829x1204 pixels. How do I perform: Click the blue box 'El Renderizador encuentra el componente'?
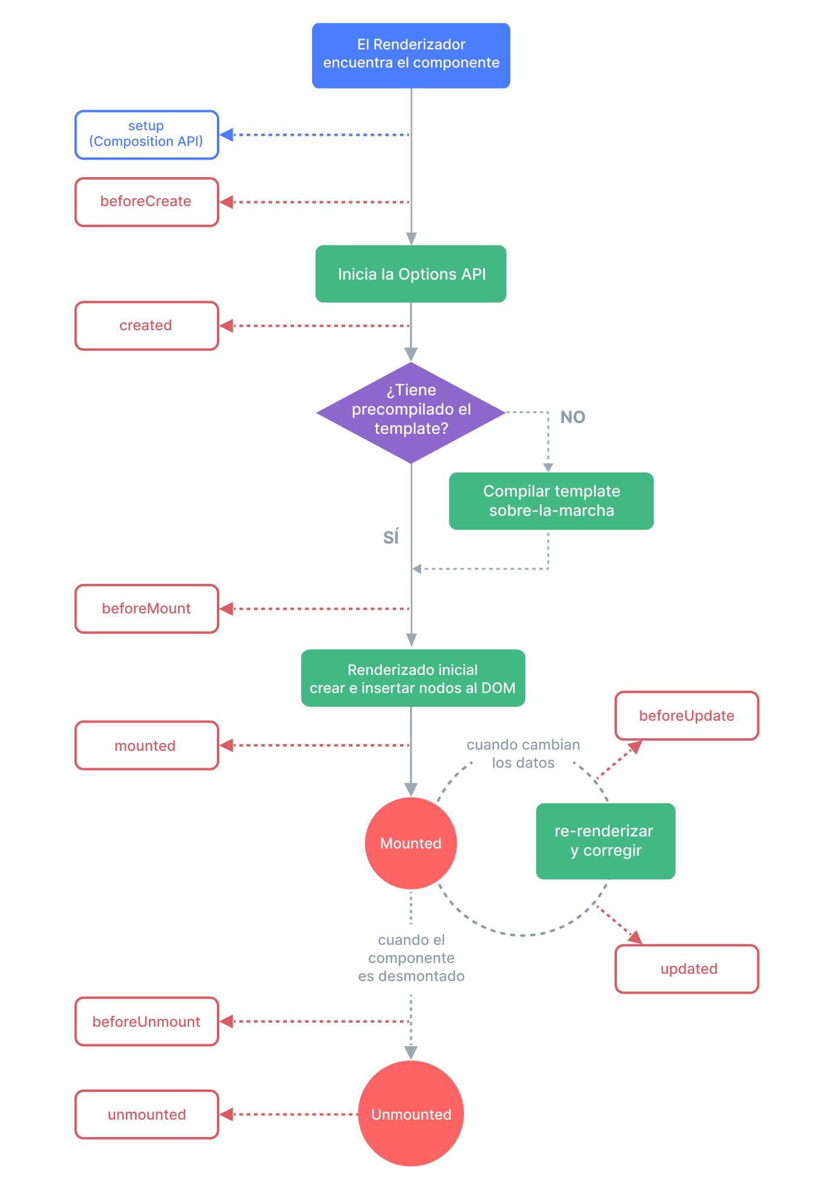pyautogui.click(x=411, y=55)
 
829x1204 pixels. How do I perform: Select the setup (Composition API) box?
pyautogui.click(x=146, y=134)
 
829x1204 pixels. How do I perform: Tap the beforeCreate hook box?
pyautogui.click(x=146, y=202)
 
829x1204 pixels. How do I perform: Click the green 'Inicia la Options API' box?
pyautogui.click(x=411, y=274)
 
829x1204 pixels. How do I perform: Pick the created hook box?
pyautogui.click(x=146, y=325)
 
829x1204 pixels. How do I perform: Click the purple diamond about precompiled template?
pyautogui.click(x=411, y=412)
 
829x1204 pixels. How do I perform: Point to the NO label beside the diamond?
pyautogui.click(x=572, y=417)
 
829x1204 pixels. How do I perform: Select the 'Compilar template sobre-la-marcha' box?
pyautogui.click(x=551, y=501)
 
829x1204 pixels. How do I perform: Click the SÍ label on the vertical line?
pyautogui.click(x=391, y=536)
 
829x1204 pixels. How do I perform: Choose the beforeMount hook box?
pyautogui.click(x=146, y=609)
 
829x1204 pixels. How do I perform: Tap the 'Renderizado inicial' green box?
pyautogui.click(x=413, y=678)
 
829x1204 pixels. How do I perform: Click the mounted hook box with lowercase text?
pyautogui.click(x=146, y=745)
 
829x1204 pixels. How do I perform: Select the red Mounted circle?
pyautogui.click(x=411, y=843)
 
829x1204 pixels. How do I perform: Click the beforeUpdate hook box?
pyautogui.click(x=687, y=715)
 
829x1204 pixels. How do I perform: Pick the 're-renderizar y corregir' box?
pyautogui.click(x=605, y=841)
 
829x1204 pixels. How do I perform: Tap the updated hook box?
pyautogui.click(x=687, y=968)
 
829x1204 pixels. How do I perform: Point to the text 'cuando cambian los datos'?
pyautogui.click(x=523, y=754)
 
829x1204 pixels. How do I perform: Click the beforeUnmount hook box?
pyautogui.click(x=146, y=1021)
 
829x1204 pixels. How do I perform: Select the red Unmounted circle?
pyautogui.click(x=411, y=1114)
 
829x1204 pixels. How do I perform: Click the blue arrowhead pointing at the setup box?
pyautogui.click(x=227, y=134)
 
